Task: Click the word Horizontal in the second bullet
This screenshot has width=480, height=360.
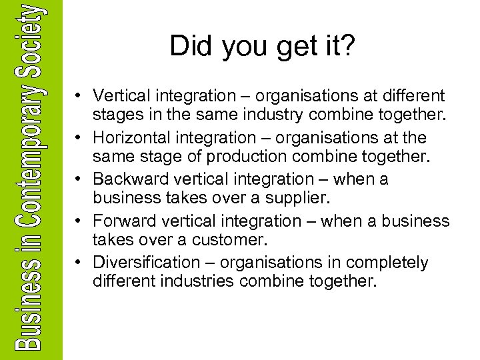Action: (131, 138)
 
